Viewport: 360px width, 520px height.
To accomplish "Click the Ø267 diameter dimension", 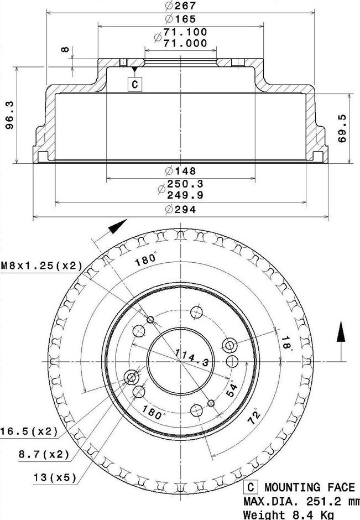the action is [181, 6].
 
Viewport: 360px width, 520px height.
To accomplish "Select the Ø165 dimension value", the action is [181, 19].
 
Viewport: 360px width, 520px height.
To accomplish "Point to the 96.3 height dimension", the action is [9, 115].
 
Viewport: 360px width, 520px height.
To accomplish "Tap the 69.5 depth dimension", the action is [342, 128].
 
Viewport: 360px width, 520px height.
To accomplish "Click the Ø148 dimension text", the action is [181, 171].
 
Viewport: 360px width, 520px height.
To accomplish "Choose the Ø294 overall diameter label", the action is [181, 210].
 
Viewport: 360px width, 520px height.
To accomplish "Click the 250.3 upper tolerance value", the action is [185, 184].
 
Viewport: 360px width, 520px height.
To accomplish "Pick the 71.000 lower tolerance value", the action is [185, 43].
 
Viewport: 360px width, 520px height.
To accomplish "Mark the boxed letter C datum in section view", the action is [135, 84].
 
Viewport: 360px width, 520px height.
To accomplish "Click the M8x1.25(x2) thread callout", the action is [41, 266].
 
